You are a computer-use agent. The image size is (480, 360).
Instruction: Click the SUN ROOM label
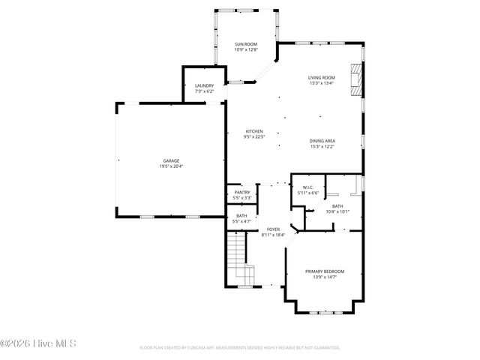click(246, 44)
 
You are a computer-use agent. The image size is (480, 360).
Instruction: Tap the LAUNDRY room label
click(204, 85)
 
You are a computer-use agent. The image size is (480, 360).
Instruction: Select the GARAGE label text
click(171, 160)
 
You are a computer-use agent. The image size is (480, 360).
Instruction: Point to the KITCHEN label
click(253, 131)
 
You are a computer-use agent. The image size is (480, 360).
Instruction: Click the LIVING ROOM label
click(321, 77)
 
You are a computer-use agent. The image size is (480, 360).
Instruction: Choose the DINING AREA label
click(322, 141)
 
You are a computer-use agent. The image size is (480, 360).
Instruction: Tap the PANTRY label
click(242, 192)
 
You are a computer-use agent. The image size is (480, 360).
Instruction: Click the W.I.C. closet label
click(308, 187)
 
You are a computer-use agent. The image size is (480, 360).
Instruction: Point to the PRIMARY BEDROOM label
click(325, 271)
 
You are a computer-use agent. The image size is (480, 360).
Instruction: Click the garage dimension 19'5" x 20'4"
click(171, 166)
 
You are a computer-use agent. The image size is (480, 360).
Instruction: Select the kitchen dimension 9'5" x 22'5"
click(253, 136)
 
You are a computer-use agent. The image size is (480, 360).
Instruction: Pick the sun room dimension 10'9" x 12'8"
click(246, 50)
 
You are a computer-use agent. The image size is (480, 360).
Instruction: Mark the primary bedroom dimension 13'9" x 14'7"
click(325, 277)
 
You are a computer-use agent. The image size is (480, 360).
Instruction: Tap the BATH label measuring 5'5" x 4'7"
click(241, 216)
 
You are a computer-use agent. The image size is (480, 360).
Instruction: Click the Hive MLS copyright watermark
click(38, 344)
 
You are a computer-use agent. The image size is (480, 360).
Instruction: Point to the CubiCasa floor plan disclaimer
click(240, 348)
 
